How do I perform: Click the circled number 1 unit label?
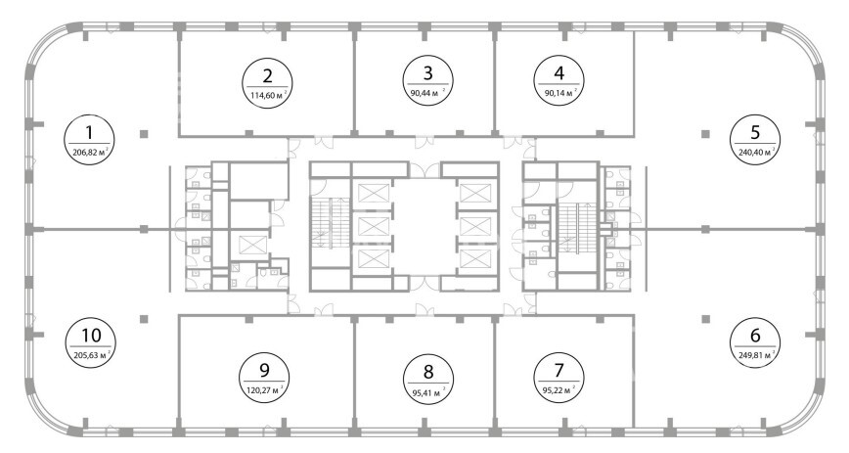[89, 140]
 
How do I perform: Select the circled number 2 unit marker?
[267, 83]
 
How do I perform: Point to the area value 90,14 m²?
[559, 92]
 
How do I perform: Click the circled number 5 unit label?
[755, 139]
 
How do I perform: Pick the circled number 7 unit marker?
[559, 378]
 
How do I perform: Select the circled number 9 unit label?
[264, 378]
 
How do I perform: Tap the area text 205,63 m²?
[92, 355]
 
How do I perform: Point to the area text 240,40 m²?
[756, 153]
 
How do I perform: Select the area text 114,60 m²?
[267, 96]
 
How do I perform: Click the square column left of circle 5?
[705, 134]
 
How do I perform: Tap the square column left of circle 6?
[705, 319]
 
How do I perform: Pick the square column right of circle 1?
[144, 134]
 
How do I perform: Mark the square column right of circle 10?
[144, 319]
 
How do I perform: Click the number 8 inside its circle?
[428, 372]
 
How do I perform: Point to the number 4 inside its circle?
[559, 72]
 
